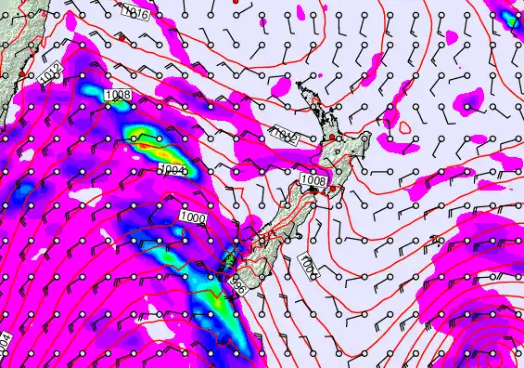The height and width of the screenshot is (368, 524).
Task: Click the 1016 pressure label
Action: pos(135,13)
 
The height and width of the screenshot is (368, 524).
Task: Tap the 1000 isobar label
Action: pos(194,217)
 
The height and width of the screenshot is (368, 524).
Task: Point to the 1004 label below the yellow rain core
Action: pos(173,169)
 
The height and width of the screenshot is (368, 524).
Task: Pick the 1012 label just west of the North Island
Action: pos(282,136)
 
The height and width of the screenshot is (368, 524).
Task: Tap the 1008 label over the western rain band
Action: pos(119,95)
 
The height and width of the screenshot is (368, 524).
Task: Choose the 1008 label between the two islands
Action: pos(314,179)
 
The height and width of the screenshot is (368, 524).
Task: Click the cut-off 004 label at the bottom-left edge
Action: pos(6,342)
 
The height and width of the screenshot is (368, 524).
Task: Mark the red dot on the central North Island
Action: pos(332,138)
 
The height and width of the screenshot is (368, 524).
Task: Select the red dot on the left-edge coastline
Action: pos(20,74)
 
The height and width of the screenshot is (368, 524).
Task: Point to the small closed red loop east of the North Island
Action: pos(405,126)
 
